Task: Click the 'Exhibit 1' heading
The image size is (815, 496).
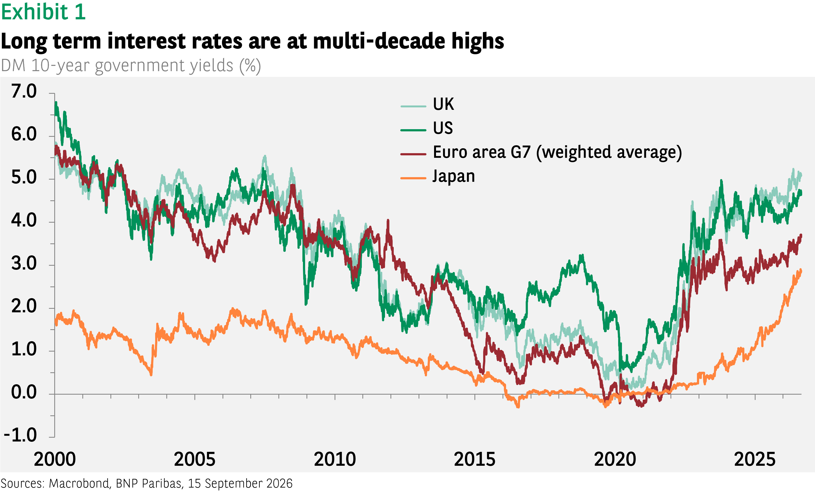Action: (x=43, y=12)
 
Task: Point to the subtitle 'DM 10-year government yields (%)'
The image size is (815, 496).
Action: (x=131, y=66)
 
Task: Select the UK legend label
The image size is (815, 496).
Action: (x=443, y=104)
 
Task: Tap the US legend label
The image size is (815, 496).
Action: (x=443, y=128)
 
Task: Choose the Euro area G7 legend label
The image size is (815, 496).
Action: (x=557, y=152)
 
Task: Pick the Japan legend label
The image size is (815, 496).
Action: (x=454, y=176)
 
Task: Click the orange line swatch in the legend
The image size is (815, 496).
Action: (x=413, y=178)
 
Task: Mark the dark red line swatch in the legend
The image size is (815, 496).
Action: (x=413, y=154)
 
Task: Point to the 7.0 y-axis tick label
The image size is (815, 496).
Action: (x=24, y=91)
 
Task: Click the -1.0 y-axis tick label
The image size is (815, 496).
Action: (x=20, y=435)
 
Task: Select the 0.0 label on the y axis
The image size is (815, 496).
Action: (x=24, y=392)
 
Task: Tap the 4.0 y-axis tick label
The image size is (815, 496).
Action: (x=24, y=220)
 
